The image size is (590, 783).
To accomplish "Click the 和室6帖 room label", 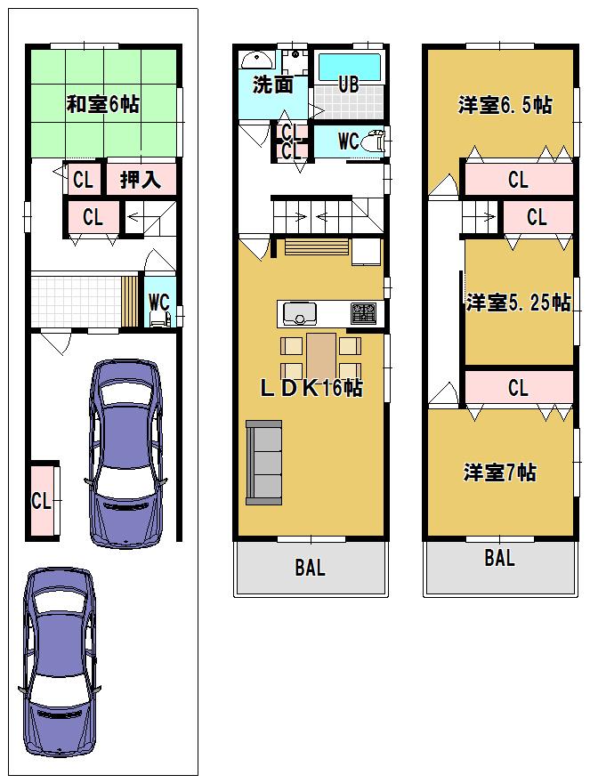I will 102,104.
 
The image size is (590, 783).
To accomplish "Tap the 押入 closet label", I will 141,180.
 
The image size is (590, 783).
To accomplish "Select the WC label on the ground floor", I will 158,302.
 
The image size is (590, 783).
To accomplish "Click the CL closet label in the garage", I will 41,501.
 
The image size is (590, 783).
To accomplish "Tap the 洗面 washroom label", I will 272,85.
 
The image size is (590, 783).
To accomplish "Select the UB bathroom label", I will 348,85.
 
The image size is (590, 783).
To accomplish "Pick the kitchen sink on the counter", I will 300,313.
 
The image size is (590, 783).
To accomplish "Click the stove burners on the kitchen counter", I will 363,313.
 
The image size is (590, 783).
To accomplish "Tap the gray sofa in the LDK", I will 263,462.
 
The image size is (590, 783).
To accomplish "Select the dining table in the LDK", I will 321,356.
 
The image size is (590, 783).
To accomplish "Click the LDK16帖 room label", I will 311,388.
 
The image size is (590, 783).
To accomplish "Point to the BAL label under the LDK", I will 310,569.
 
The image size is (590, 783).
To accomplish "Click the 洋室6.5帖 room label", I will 505,105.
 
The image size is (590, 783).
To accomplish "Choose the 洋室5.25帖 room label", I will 518,303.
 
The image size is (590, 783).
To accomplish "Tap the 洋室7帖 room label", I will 499,472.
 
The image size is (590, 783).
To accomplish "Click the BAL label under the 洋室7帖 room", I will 499,559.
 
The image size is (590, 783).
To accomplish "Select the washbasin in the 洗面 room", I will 258,59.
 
